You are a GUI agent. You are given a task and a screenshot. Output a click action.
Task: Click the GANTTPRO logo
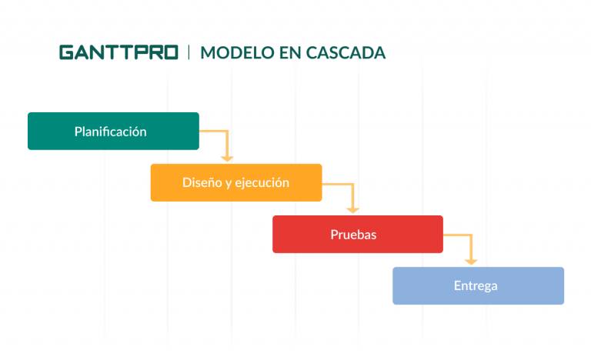tap(119, 52)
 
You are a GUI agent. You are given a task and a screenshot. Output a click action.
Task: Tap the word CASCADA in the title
tap(346, 52)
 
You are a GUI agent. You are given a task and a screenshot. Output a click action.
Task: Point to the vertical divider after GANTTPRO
tap(189, 52)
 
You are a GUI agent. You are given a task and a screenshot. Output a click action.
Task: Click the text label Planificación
tap(110, 132)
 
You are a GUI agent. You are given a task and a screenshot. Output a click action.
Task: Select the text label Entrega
tap(476, 285)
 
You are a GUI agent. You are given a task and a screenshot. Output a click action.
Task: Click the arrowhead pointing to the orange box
tap(226, 158)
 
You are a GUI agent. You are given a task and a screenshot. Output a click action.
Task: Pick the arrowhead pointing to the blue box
tap(472, 261)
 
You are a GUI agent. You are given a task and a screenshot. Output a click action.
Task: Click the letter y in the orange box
tap(229, 184)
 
